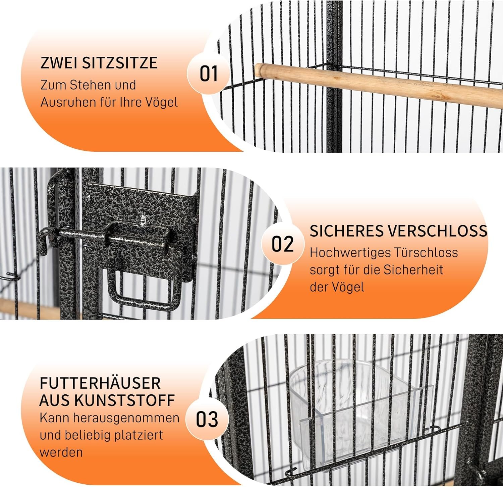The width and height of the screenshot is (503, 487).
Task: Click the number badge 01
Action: [209, 74]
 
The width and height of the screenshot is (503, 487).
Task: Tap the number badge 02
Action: [283, 244]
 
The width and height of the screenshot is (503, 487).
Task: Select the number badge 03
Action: [207, 419]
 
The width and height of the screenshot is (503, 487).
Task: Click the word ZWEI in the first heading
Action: [59, 63]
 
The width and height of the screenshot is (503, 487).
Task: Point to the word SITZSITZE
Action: [120, 63]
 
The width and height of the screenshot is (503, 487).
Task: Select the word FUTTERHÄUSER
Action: [100, 383]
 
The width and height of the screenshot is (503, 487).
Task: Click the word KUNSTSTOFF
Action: [124, 400]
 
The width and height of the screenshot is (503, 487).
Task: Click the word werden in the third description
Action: [61, 452]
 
